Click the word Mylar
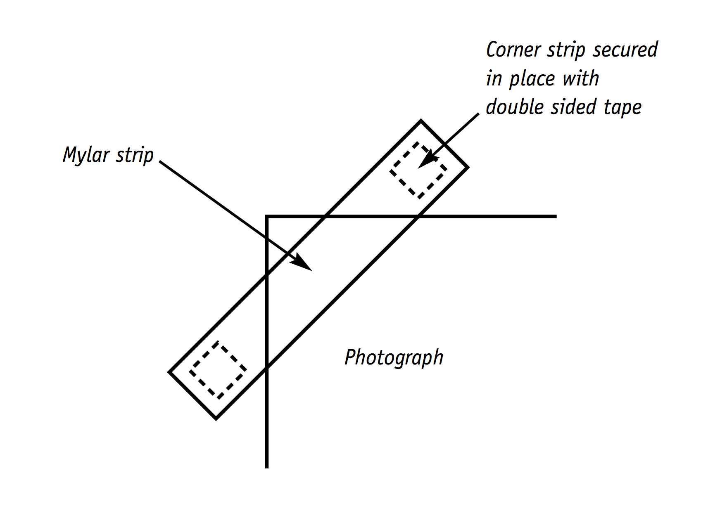pos(86,156)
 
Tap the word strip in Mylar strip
pos(134,156)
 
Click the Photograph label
pos(394,358)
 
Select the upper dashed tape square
pos(418,170)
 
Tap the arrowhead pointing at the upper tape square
pos(425,161)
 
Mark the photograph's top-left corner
pos(267,216)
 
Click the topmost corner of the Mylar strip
pos(421,121)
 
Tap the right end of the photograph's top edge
pos(556,216)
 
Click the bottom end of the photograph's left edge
pos(267,467)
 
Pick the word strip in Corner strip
pos(565,50)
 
